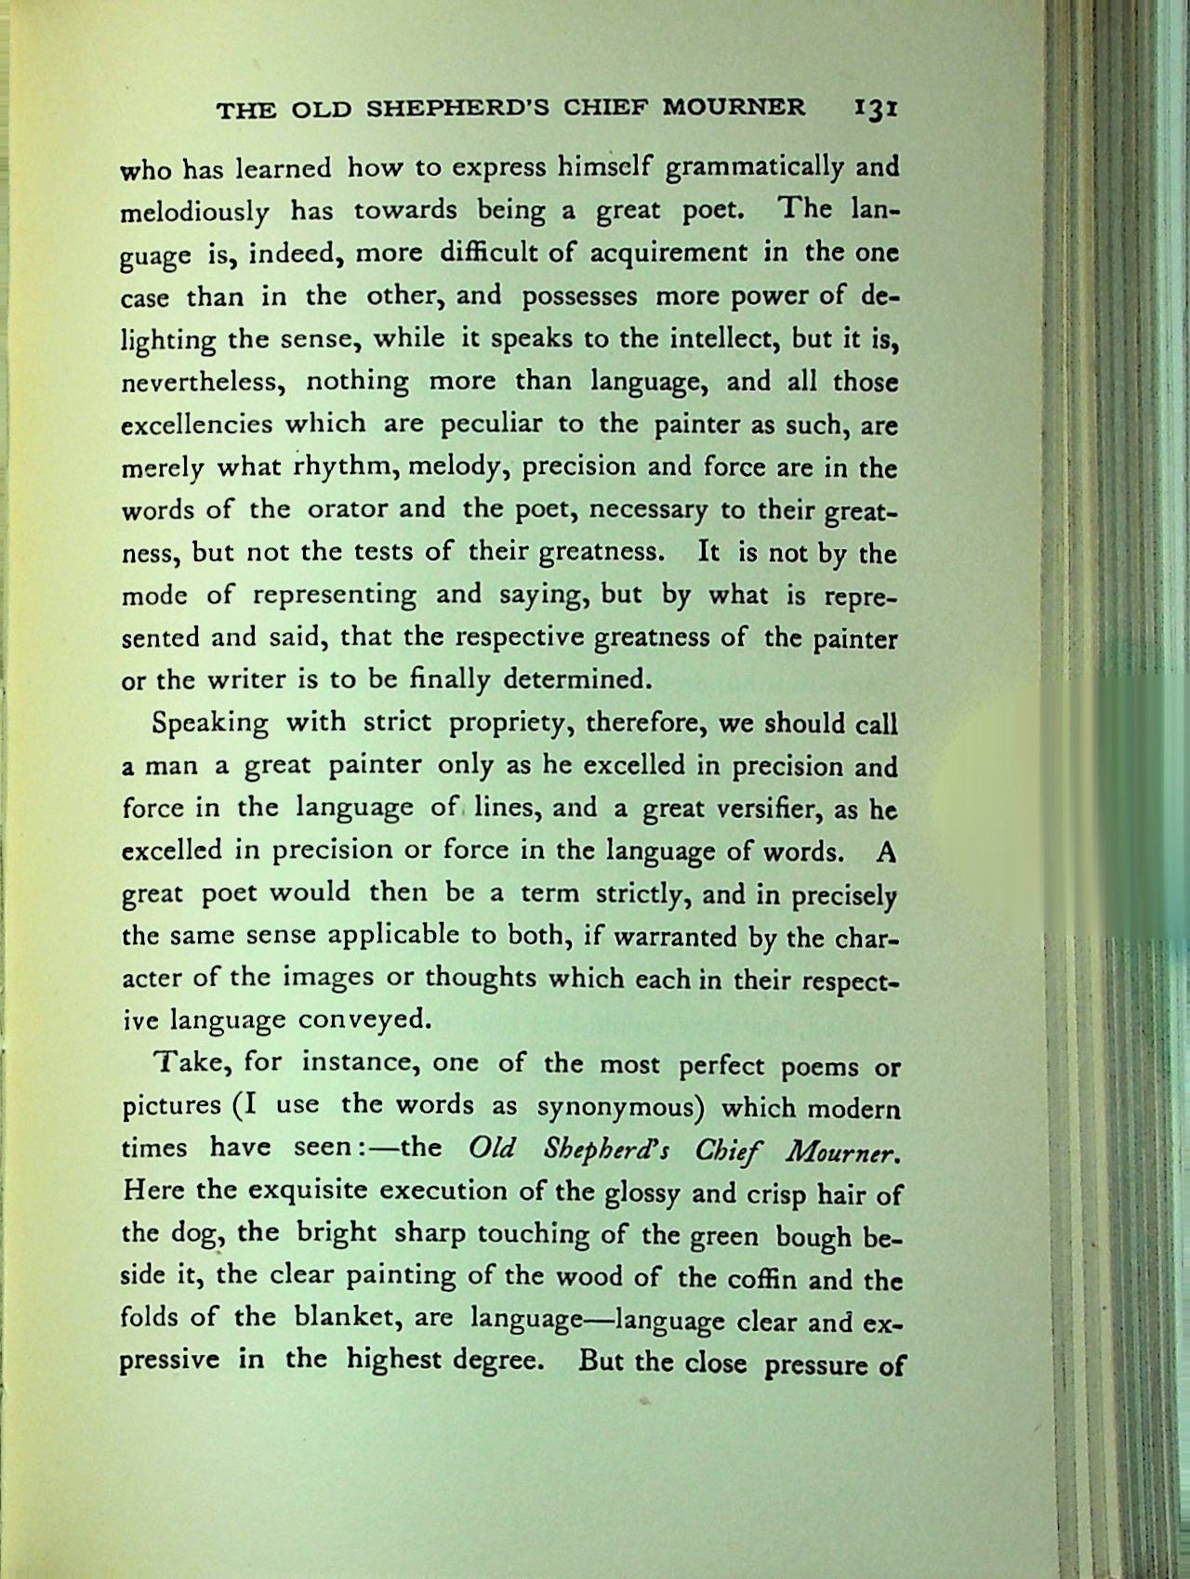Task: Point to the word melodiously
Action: [196, 212]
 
